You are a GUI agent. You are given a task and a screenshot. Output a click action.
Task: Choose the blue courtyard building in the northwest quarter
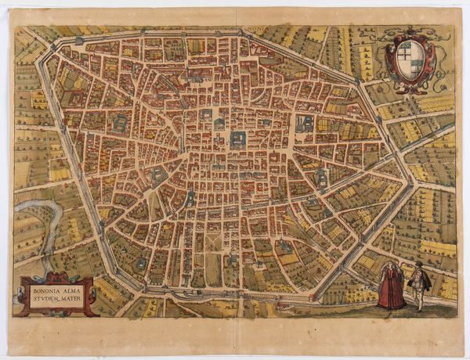coord(120,124)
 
